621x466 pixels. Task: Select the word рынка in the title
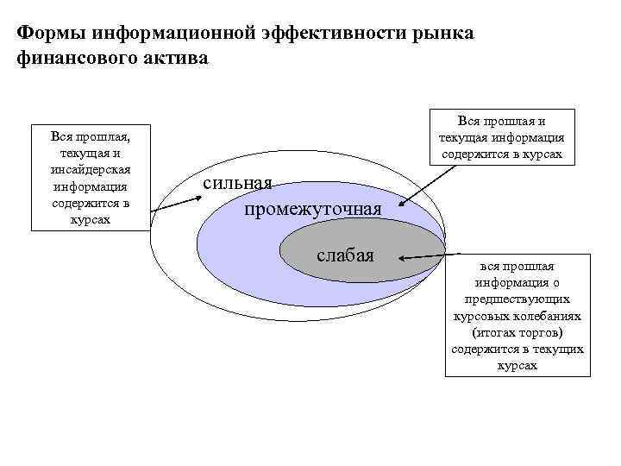point(438,33)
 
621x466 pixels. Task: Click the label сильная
point(239,184)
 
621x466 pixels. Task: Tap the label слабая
point(345,255)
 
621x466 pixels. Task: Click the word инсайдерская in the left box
point(91,168)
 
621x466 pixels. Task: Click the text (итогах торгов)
point(518,332)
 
